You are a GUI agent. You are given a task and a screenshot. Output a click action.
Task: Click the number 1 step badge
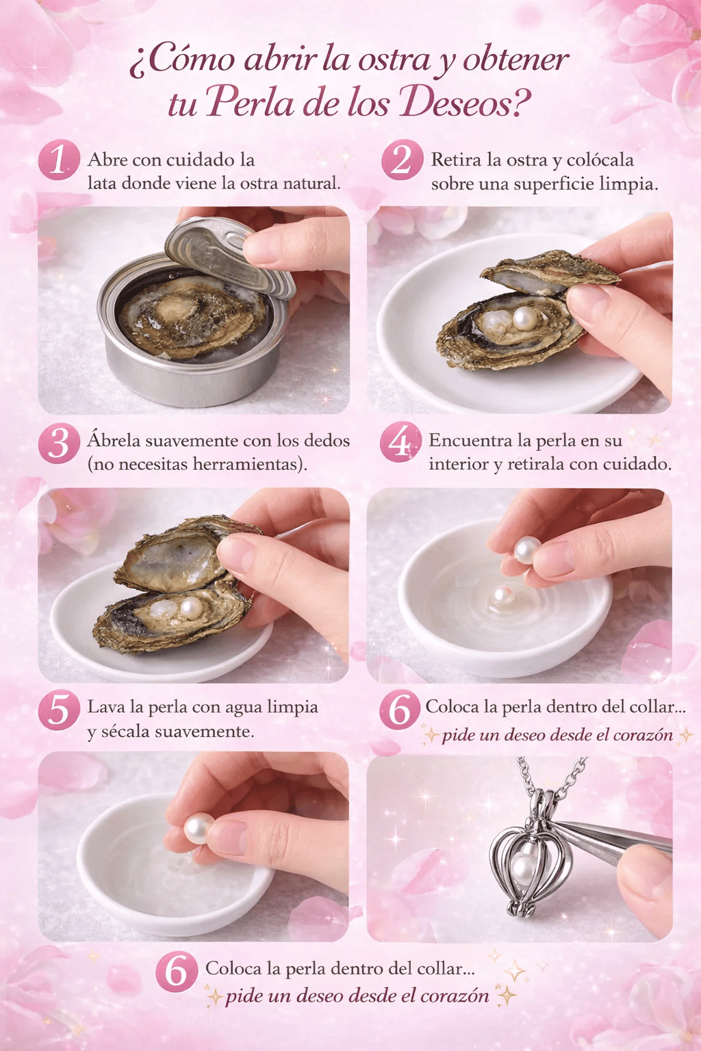coord(59,160)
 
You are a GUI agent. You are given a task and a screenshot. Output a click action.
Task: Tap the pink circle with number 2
coord(402,160)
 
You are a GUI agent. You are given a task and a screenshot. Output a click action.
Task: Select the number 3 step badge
coord(59,443)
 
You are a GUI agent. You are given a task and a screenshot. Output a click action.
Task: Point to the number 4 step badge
coord(400,442)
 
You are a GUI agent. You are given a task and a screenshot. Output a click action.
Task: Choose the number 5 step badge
coord(59,710)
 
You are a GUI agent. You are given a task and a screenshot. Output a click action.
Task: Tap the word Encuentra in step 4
coord(470,441)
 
